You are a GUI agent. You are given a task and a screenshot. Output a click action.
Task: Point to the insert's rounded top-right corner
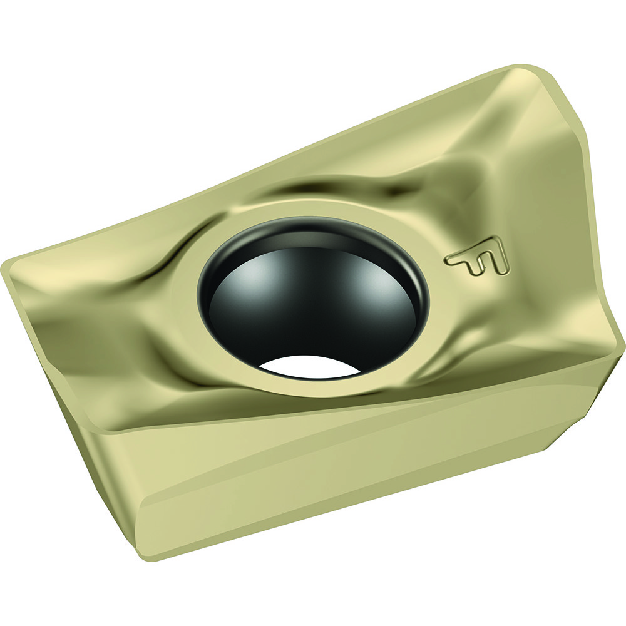532,72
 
